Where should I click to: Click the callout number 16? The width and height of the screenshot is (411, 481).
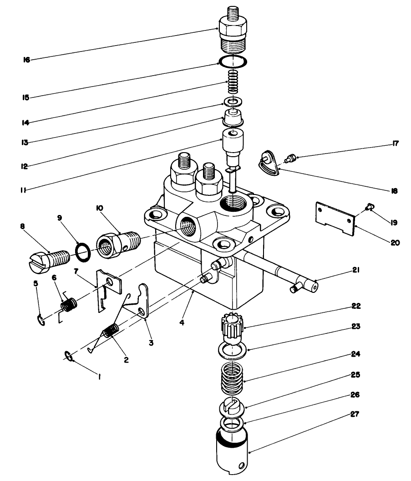click(x=27, y=60)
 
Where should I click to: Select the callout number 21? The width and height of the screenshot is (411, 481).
click(x=356, y=271)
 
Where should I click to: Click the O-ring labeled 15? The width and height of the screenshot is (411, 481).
click(x=233, y=61)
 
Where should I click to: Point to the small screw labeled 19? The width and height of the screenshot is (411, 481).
click(x=369, y=208)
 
